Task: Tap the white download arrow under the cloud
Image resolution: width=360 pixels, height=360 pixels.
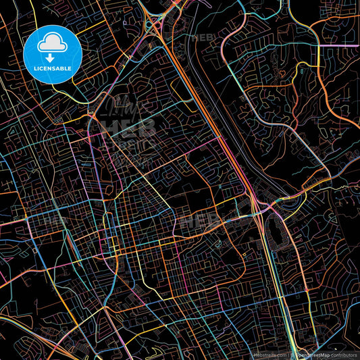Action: click(52, 53)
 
